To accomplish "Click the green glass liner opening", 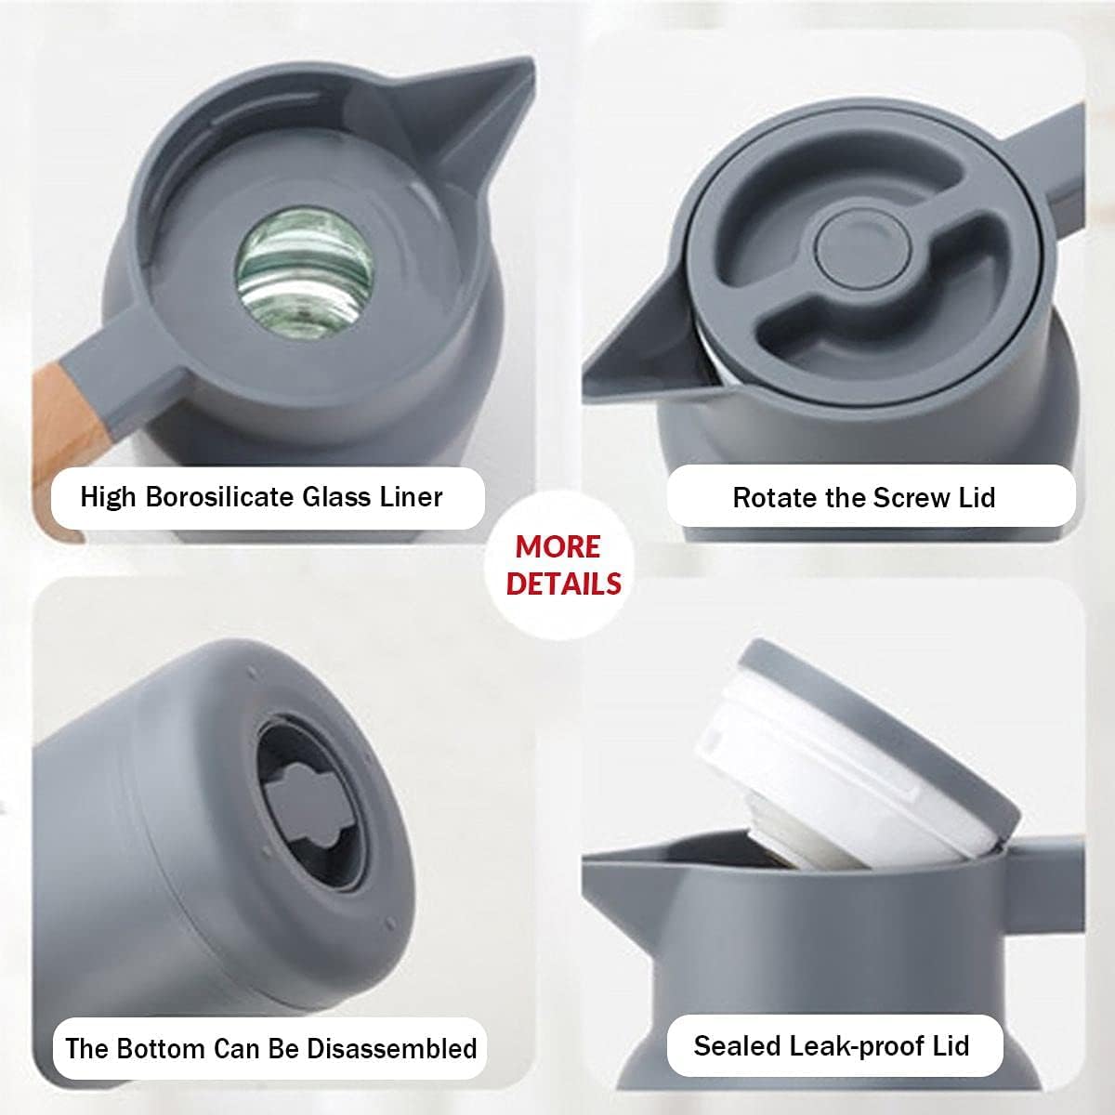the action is point(305,273).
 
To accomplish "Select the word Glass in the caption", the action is point(336,497).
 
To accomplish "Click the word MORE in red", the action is point(557,546).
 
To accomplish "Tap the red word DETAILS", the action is point(564,584).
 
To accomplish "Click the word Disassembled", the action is point(392,1048).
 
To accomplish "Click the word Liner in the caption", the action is point(412,497).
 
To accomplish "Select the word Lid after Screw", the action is point(977,498).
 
